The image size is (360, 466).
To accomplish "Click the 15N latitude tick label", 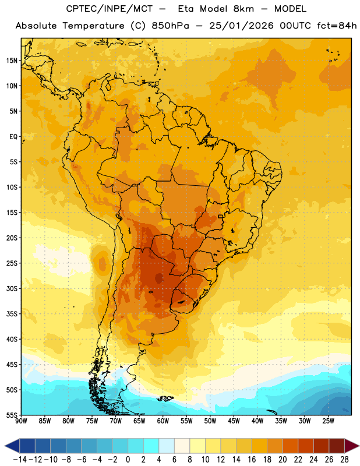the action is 12,61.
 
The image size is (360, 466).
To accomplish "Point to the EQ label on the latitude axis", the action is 13,137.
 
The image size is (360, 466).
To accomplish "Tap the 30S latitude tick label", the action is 12,289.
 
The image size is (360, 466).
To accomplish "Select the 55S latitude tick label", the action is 12,415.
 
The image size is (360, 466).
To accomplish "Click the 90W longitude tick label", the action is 21,421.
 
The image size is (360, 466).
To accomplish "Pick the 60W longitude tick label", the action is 163,421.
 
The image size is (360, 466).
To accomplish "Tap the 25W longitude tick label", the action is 328,421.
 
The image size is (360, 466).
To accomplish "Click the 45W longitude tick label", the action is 234,421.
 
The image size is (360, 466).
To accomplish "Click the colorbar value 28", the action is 344,460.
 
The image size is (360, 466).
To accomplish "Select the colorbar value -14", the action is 20,460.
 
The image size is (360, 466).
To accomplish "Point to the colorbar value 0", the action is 128,460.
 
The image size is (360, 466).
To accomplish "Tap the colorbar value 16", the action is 252,460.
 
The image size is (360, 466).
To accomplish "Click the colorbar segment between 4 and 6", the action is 167,446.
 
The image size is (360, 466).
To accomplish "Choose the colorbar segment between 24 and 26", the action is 321,446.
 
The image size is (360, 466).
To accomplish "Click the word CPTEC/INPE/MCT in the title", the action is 109,9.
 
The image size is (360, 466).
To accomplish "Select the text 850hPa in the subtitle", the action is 170,26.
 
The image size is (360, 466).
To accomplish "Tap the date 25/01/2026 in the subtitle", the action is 241,26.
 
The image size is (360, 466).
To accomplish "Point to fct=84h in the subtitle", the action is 337,26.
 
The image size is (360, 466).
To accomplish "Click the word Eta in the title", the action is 186,9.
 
